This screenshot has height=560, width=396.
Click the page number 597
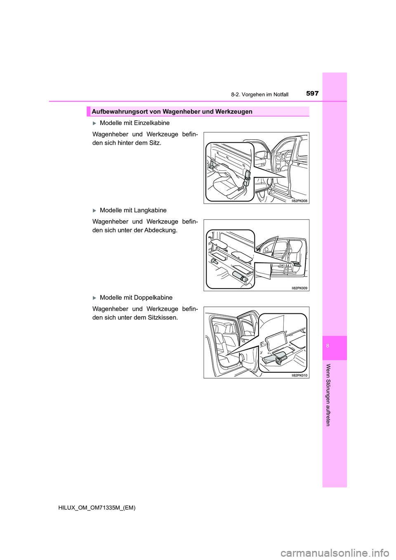(312, 93)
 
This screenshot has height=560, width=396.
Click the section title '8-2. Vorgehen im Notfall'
(259, 94)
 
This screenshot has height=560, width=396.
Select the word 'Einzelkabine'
(153, 123)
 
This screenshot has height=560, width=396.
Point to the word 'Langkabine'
(151, 210)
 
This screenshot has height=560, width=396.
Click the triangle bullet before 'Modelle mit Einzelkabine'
(94, 123)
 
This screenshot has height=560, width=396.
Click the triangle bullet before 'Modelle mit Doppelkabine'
(94, 298)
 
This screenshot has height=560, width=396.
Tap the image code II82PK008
(299, 201)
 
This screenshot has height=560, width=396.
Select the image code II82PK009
(299, 288)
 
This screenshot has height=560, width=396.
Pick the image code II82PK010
(299, 376)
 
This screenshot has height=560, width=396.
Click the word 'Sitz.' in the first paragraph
(154, 143)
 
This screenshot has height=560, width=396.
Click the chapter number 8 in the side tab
(328, 346)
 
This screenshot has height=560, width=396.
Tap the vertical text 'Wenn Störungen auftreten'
(328, 395)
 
